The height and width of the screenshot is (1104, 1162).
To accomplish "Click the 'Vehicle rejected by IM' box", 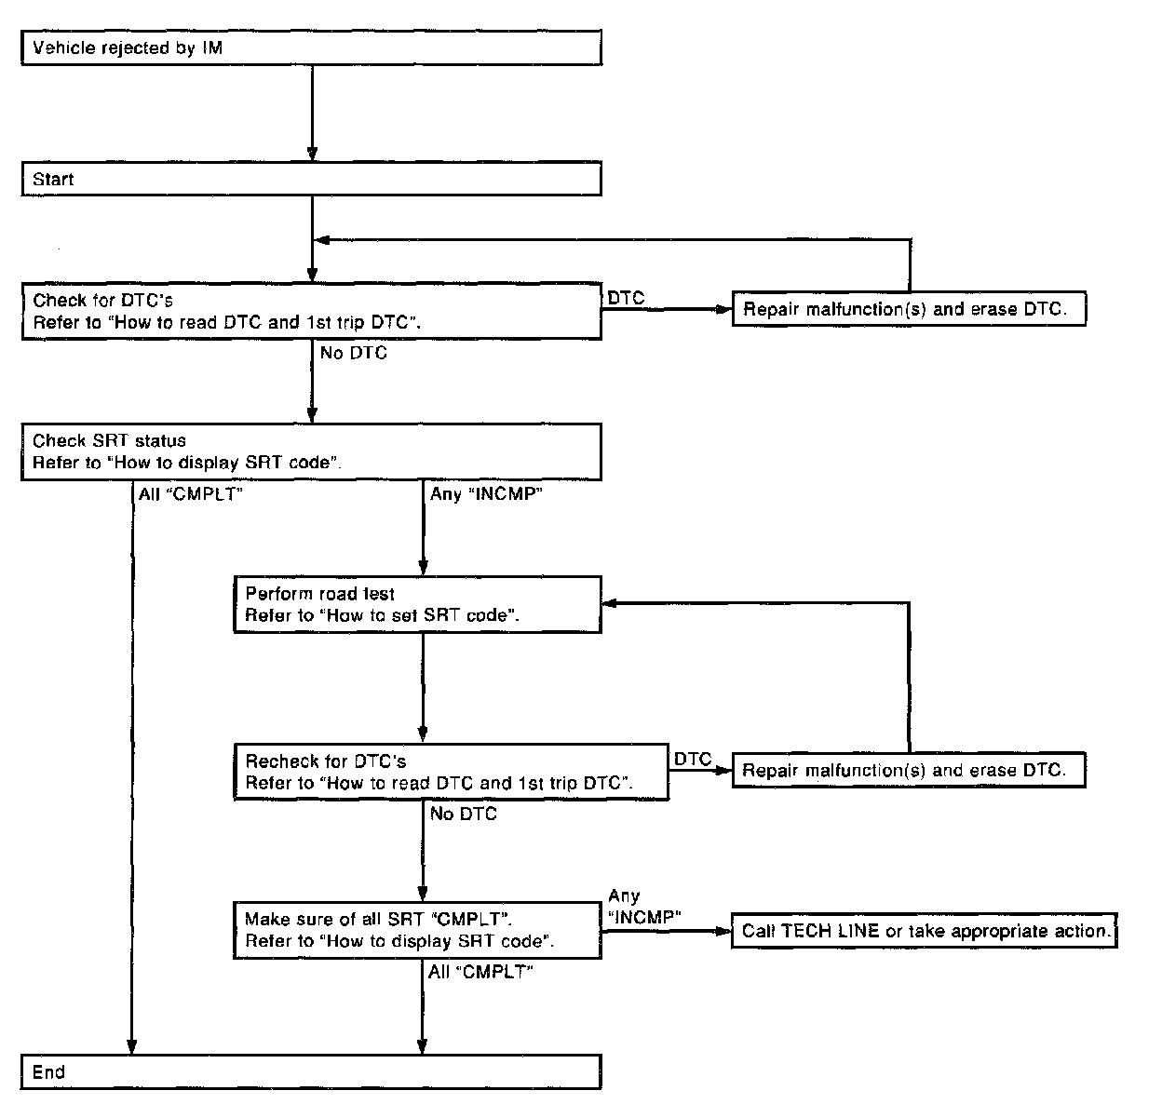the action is (312, 47).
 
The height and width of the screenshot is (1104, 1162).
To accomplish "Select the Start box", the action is (312, 179).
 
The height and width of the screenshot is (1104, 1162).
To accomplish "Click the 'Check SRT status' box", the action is (311, 451).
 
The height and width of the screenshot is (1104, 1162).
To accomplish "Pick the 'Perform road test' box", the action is (417, 605).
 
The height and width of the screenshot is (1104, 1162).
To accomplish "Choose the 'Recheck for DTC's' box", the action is (451, 772).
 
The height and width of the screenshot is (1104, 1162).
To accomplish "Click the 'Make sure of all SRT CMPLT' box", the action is (417, 930).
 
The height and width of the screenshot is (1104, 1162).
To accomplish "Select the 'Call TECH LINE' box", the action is (924, 931).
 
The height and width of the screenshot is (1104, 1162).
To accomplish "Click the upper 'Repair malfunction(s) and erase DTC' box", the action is (909, 308).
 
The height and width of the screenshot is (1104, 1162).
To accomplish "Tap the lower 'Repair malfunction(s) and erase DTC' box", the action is (909, 770).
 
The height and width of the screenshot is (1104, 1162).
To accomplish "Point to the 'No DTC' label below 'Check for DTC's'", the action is (354, 353).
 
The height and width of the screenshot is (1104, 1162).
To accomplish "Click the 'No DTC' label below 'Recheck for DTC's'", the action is (464, 814).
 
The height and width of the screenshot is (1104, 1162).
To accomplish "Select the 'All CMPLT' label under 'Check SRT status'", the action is (190, 493).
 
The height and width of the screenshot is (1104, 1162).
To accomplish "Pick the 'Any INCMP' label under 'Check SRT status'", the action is (486, 493).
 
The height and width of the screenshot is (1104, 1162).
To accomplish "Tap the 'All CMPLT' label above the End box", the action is (480, 972).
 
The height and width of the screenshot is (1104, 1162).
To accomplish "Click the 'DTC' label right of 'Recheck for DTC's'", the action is (693, 759).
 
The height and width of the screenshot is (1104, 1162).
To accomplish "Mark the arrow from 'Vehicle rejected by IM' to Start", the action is (312, 113).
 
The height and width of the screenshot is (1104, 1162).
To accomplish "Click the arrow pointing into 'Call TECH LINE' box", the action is (666, 931).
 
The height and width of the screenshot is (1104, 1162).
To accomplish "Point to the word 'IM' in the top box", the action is (212, 47).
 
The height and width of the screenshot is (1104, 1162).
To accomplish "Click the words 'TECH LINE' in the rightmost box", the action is (830, 931).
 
